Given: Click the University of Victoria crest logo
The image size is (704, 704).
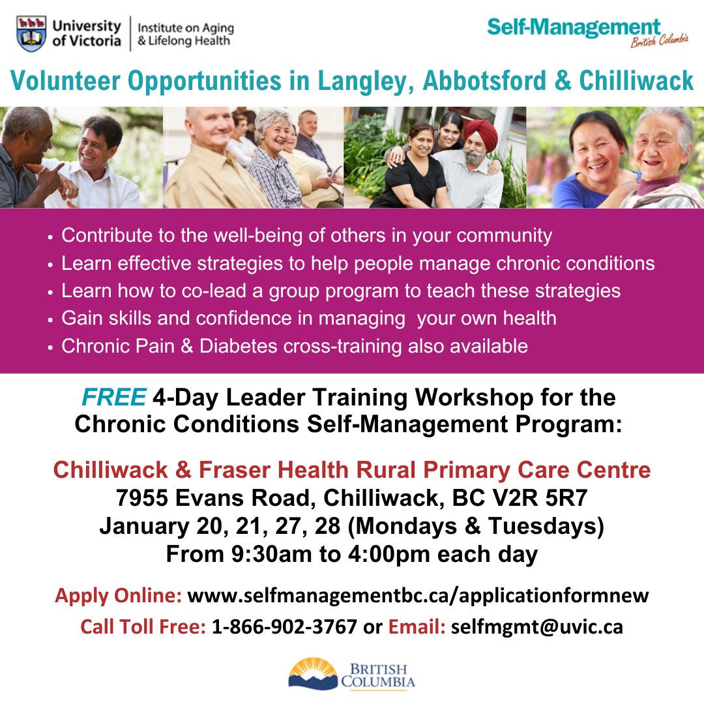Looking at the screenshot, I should (x=33, y=34).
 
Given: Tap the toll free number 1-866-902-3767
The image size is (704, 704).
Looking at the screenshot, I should (x=284, y=626).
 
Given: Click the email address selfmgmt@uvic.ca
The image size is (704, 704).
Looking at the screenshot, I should (x=536, y=626).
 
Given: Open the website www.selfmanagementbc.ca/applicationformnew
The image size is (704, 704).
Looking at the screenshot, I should (x=418, y=595).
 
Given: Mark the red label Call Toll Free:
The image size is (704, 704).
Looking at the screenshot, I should (x=143, y=626).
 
